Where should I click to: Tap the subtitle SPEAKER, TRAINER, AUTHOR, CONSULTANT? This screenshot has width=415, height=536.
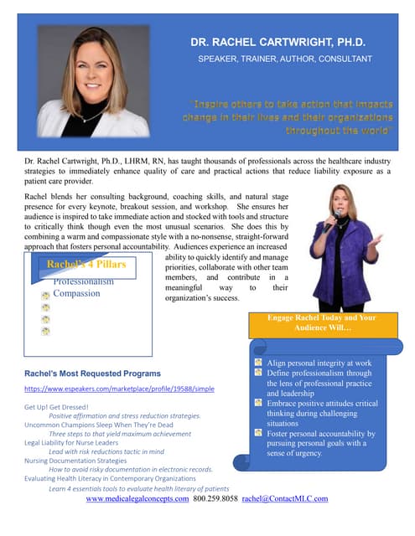285,59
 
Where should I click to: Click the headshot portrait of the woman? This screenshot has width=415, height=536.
93,81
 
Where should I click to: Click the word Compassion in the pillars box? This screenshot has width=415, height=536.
76,294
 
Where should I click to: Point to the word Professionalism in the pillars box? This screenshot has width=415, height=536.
83,281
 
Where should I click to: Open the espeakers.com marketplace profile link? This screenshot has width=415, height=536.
119,389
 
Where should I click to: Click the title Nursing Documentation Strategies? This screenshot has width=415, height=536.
76,460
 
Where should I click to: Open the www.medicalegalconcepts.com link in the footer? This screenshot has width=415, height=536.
137,498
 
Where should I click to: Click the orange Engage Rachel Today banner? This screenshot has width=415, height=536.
324,323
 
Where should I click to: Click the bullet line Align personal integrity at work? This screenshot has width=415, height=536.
319,362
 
